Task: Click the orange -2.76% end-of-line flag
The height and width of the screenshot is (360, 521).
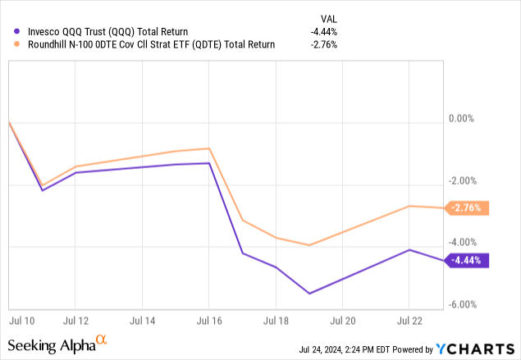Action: tap(468, 209)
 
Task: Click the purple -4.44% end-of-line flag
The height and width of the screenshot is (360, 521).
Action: tap(468, 261)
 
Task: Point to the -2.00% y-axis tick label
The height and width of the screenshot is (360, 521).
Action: tap(464, 181)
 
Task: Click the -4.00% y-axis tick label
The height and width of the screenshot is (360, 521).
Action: tap(464, 243)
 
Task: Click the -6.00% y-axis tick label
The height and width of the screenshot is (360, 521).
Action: tap(464, 305)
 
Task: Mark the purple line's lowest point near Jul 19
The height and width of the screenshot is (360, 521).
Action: tap(309, 294)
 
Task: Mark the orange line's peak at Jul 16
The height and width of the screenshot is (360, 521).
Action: tap(209, 148)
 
